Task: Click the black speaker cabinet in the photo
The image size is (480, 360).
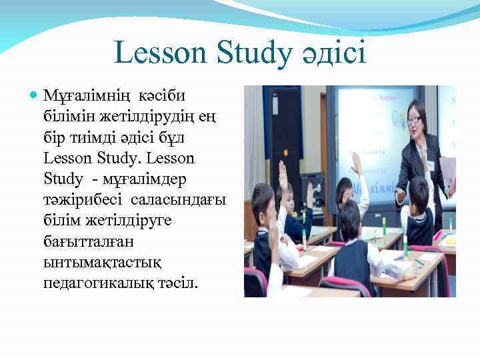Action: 285,133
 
